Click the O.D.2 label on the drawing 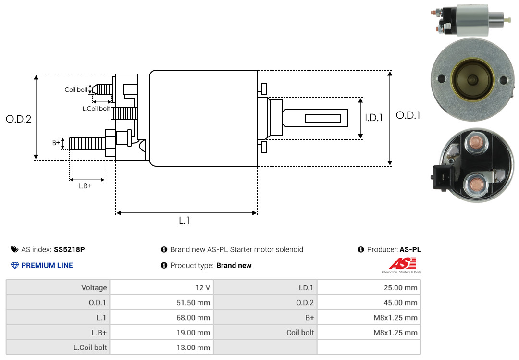pos(19,119)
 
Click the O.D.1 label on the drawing pos(408,115)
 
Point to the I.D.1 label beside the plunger pos(374,118)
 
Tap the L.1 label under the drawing pos(185,221)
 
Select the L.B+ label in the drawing pos(85,186)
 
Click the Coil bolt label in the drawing pos(76,90)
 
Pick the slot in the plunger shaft pos(323,118)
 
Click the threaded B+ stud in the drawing pos(87,143)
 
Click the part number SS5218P pos(69,249)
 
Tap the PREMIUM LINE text pos(47,265)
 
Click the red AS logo pos(402,264)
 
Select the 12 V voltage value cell pos(161,287)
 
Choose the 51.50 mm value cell pos(161,302)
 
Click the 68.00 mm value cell pos(161,317)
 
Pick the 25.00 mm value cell pos(369,287)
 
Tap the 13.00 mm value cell pos(161,347)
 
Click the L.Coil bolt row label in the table pos(90,348)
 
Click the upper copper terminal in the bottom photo pos(476,143)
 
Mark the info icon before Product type pos(164,265)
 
